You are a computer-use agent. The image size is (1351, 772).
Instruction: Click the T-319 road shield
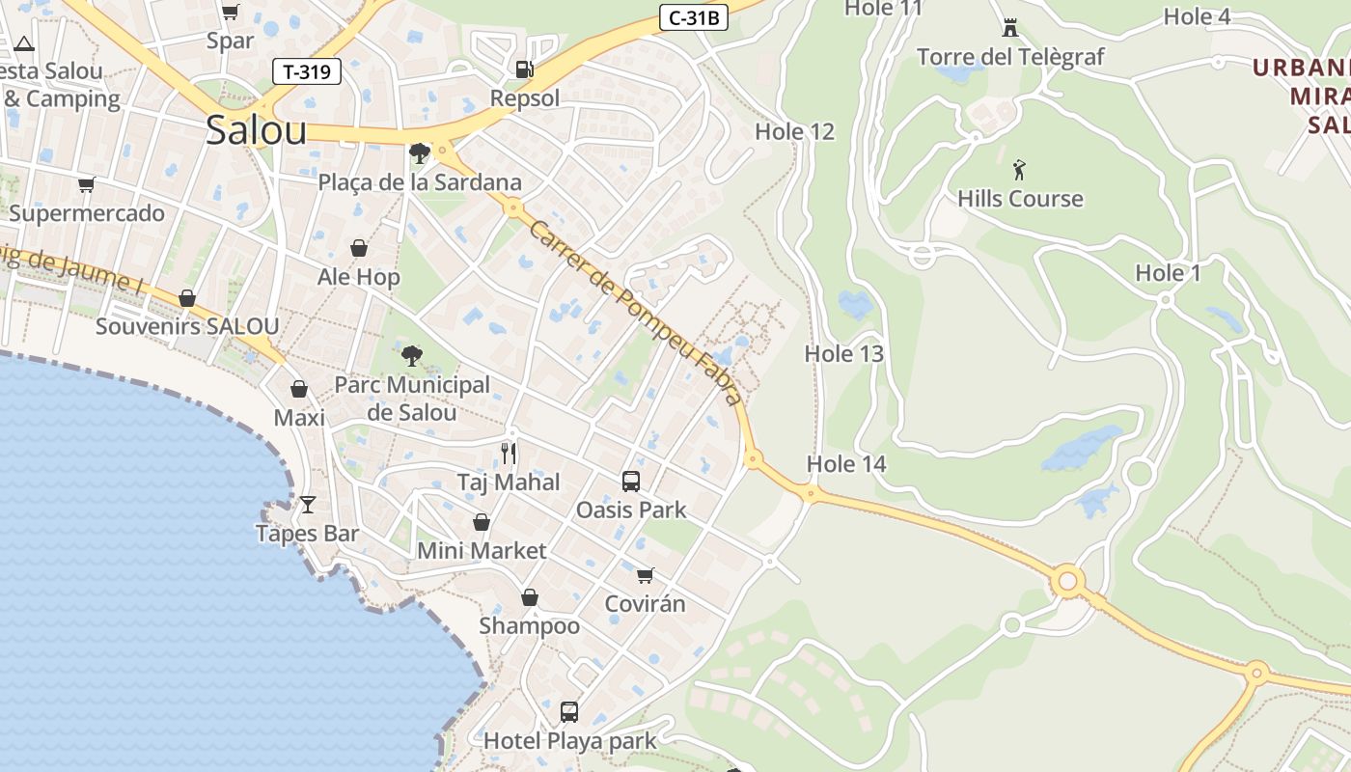coord(308,71)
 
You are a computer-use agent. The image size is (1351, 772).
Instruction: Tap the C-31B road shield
coord(694,17)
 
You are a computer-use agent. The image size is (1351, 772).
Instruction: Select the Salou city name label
coord(256,130)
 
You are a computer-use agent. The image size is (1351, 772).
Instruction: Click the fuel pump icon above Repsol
coord(524,69)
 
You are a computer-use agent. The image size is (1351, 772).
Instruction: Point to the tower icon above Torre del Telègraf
coord(1010,27)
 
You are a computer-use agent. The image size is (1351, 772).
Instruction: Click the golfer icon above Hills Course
coord(1019,171)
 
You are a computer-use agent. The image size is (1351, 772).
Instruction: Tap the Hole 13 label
coord(844,353)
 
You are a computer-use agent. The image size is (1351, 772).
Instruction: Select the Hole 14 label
coord(846,464)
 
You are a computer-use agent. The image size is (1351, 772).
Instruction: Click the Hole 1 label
coord(1168,273)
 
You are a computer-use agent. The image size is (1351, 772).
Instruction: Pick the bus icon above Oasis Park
coord(631,481)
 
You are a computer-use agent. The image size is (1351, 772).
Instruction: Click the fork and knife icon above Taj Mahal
coord(509,453)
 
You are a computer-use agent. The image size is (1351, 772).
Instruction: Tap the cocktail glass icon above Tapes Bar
coord(308,505)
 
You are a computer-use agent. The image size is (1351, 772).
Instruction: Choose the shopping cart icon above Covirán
coord(645,576)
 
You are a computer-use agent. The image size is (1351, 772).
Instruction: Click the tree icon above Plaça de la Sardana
coord(419,153)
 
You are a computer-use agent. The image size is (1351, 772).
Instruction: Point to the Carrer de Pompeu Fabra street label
coord(636,312)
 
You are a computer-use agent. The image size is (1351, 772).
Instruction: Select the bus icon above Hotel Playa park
coord(569,712)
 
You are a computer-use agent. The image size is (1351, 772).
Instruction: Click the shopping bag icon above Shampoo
coord(529,597)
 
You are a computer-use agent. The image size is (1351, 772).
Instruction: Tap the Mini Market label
coord(482,551)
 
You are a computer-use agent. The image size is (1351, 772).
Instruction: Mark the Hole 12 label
coord(794,131)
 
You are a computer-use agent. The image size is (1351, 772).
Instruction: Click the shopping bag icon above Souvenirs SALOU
coord(187,298)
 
